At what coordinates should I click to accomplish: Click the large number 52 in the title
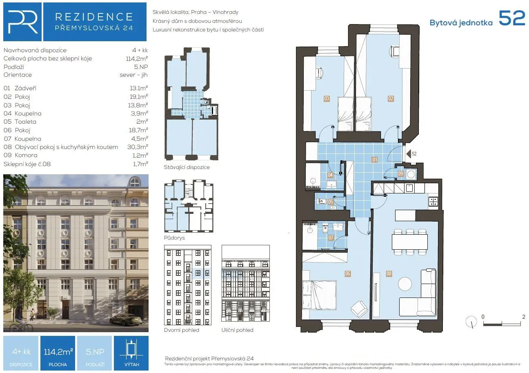click(512, 18)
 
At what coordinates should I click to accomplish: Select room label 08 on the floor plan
click(389, 274)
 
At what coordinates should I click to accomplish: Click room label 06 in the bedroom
click(347, 274)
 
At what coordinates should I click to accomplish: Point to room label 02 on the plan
click(391, 98)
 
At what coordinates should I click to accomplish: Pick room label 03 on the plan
click(327, 98)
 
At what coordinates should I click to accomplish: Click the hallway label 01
click(374, 160)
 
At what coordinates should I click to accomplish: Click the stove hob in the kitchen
click(433, 201)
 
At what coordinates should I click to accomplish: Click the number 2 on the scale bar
click(523, 316)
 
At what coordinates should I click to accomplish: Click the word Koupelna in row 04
click(28, 113)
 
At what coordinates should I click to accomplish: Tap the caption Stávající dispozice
click(187, 167)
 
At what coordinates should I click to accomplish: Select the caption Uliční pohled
click(237, 330)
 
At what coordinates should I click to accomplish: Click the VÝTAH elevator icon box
click(131, 353)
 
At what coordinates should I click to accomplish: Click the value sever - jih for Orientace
click(133, 75)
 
